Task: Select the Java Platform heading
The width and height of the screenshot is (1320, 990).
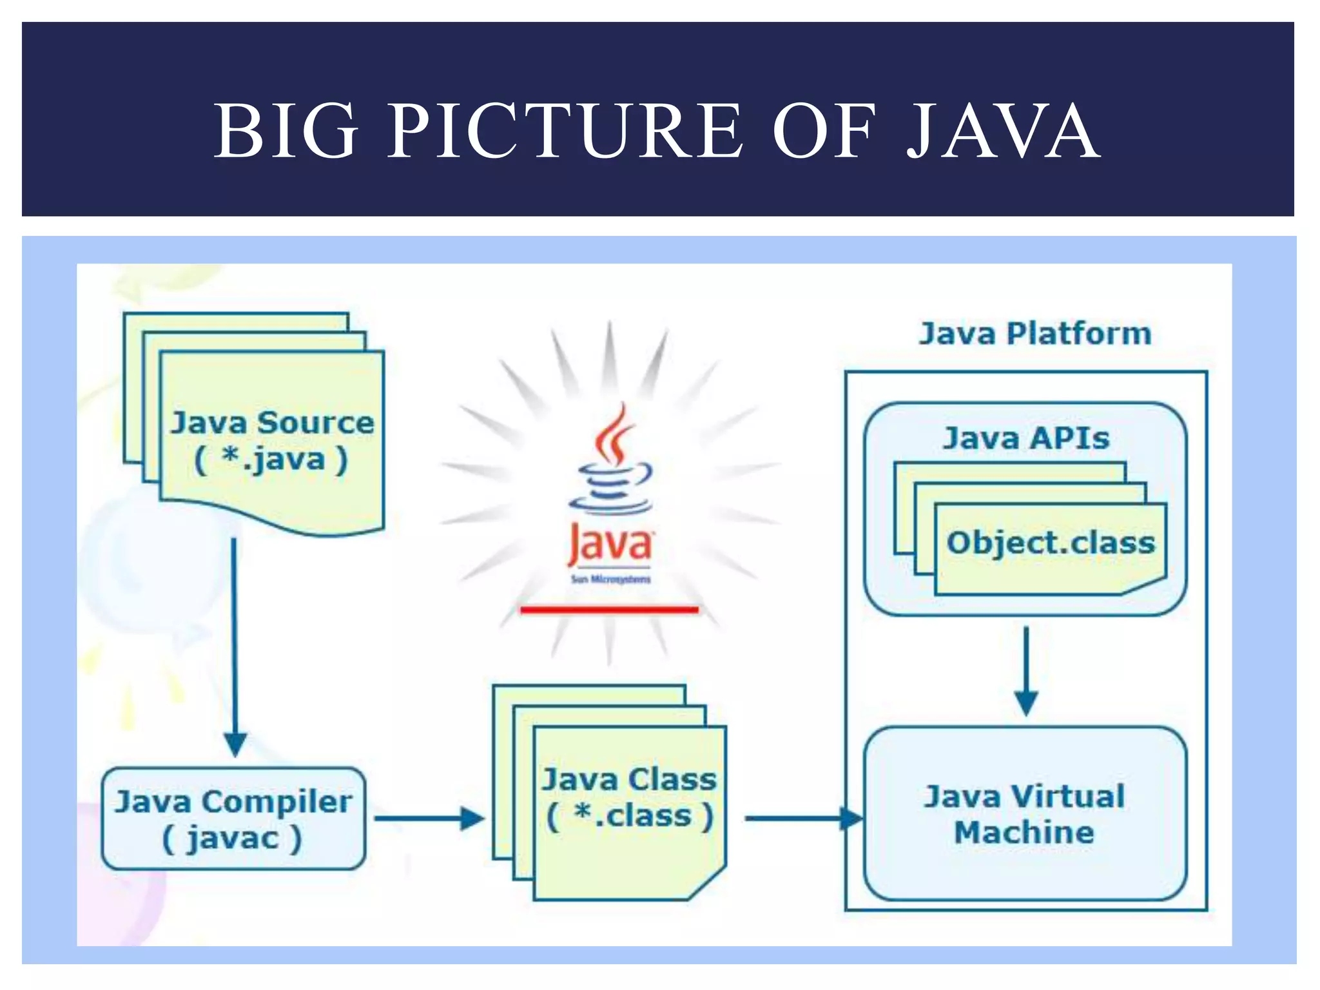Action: tap(1034, 334)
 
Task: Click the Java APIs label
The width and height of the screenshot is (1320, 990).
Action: tap(1026, 438)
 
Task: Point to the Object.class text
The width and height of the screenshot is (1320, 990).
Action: tap(1051, 543)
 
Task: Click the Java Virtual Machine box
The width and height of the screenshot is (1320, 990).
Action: tap(1025, 814)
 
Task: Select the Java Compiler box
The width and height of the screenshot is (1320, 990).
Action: tap(233, 819)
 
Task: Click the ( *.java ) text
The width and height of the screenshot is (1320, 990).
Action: tap(271, 460)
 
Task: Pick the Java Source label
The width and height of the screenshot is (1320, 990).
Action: tap(272, 423)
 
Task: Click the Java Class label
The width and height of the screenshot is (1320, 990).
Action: tap(629, 780)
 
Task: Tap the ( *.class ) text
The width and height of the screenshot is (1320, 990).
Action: tap(630, 816)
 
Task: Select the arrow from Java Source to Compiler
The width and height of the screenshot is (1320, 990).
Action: tap(234, 645)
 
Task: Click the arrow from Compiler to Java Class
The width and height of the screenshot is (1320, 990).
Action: tap(429, 819)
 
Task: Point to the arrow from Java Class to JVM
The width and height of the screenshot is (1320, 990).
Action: tap(802, 819)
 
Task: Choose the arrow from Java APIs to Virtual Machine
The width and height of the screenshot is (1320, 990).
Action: tap(1026, 670)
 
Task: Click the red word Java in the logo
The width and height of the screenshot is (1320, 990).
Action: tap(610, 545)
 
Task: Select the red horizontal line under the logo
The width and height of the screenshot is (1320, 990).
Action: tap(609, 609)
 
